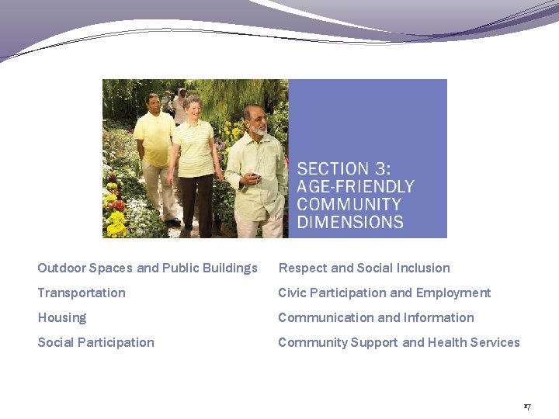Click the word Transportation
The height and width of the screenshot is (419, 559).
(82, 293)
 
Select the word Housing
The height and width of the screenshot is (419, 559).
(62, 317)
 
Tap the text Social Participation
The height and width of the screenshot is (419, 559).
(95, 342)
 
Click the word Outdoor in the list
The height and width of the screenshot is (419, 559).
(61, 268)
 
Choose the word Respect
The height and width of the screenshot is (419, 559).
(303, 268)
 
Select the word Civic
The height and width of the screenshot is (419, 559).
(293, 293)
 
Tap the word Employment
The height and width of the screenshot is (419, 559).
(453, 293)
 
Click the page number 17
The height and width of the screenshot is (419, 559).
(527, 407)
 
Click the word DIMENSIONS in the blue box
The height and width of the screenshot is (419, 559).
(350, 222)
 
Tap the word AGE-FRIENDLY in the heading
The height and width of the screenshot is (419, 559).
(356, 187)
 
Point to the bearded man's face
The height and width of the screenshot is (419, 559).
(254, 119)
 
